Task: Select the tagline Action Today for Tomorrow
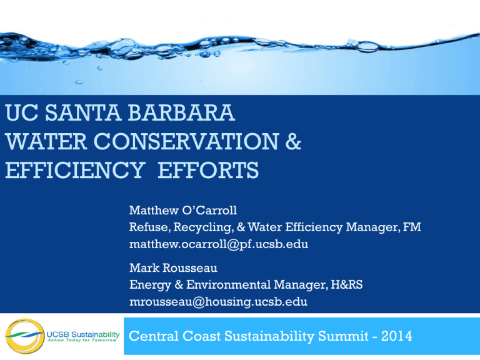point(84,342)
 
